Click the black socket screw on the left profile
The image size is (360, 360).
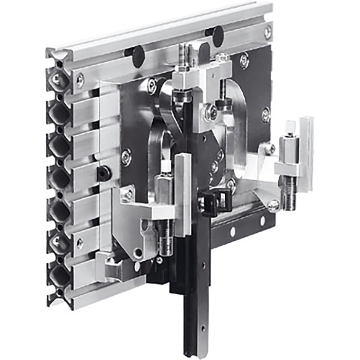click(x=103, y=174)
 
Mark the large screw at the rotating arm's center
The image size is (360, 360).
click(x=210, y=112)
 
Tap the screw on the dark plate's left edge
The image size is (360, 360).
click(x=126, y=157)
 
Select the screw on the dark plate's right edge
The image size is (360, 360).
click(x=265, y=114)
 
